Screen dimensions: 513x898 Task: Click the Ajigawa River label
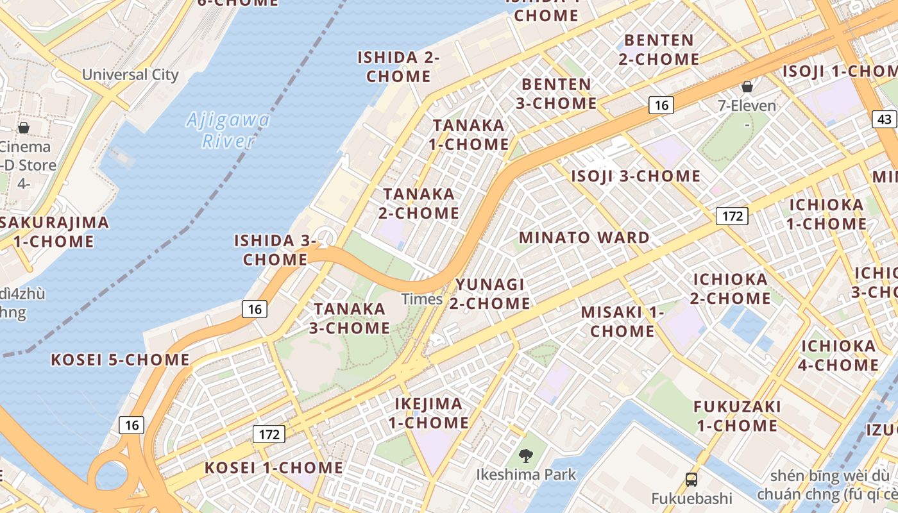[228, 130]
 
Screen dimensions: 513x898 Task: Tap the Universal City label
[130, 74]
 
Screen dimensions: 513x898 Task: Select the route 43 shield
[885, 119]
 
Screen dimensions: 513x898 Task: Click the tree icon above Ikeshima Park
[526, 456]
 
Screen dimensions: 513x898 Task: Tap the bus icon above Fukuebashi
[691, 479]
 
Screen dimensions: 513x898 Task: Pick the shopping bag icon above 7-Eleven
[747, 87]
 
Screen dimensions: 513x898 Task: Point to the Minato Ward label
[584, 237]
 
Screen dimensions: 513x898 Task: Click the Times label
[422, 299]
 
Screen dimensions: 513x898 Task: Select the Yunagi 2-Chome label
[489, 293]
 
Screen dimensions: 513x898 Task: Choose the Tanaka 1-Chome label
[469, 135]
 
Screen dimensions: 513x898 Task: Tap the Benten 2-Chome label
[659, 49]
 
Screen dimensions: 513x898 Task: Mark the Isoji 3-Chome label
[636, 176]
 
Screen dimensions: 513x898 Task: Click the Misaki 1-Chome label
[622, 321]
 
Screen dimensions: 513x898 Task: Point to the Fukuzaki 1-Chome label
[737, 416]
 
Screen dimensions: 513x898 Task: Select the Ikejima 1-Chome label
[428, 413]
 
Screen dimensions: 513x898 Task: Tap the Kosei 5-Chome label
[120, 359]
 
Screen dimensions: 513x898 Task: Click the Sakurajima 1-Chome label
[51, 232]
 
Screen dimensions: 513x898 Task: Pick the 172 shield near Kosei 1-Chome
[269, 434]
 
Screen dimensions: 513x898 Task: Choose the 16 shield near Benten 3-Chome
[661, 105]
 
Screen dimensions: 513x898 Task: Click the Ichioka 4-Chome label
[839, 355]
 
